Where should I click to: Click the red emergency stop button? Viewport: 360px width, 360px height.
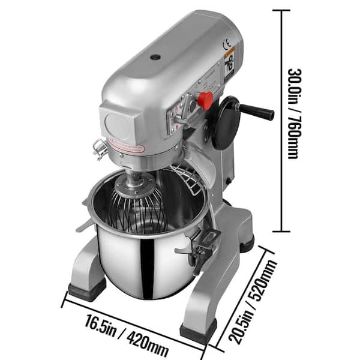(205, 100)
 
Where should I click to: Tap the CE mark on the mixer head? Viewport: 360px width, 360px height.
(226, 44)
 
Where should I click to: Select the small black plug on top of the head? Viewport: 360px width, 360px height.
(155, 58)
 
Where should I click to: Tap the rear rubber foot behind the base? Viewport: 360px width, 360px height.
(246, 243)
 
